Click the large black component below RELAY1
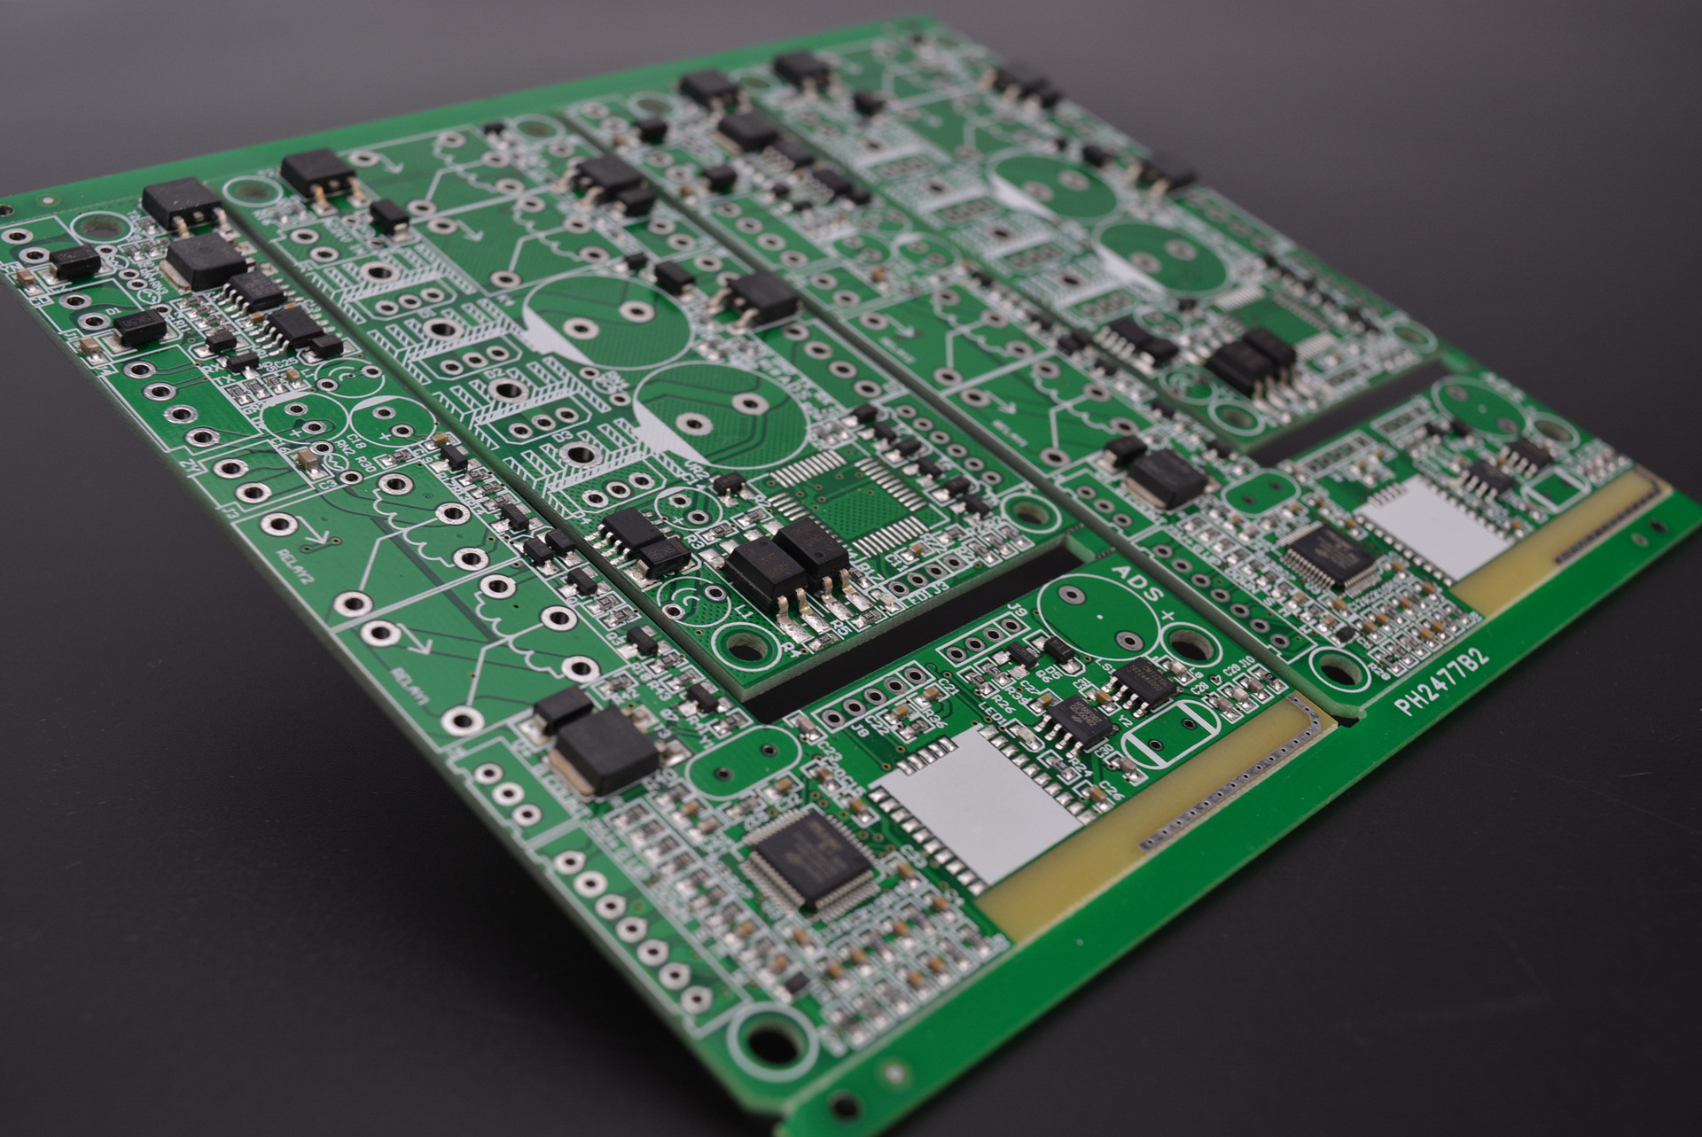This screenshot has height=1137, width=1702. [x=603, y=758]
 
